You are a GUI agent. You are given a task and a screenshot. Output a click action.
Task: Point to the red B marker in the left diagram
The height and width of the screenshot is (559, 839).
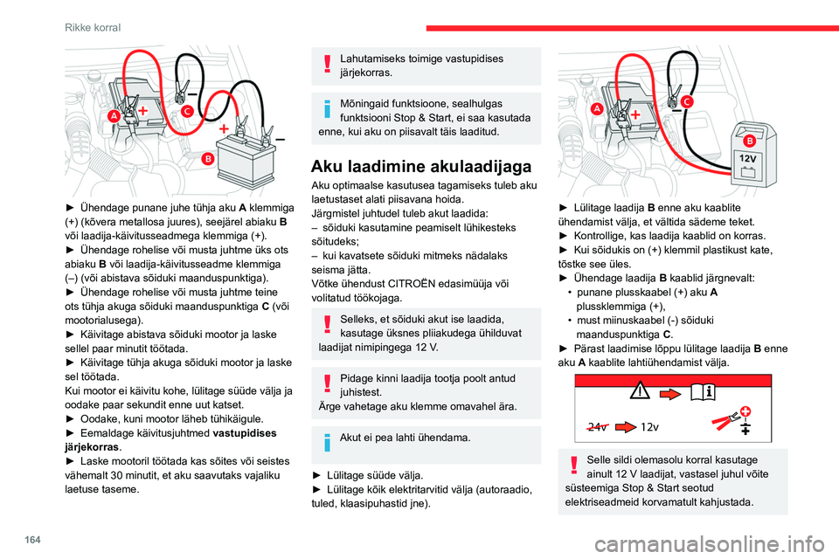point(208,158)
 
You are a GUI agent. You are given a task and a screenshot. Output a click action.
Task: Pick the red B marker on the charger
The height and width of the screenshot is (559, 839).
point(749,141)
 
